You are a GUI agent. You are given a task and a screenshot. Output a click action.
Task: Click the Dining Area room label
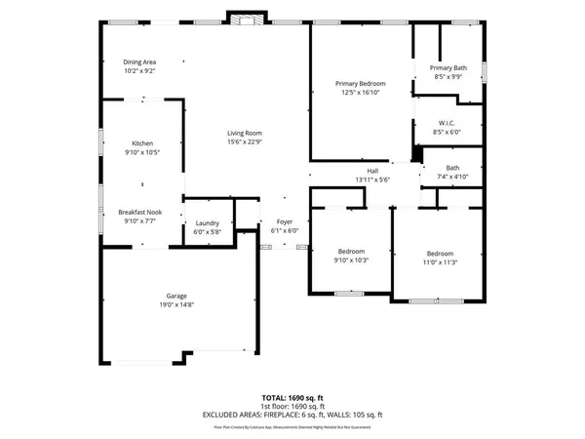point(139,62)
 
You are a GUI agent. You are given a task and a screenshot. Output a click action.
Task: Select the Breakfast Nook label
point(140,212)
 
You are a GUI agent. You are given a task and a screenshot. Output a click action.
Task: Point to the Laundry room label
point(208,223)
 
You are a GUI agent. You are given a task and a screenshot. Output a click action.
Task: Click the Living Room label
point(245,134)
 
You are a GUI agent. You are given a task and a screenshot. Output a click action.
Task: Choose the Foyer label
point(284,222)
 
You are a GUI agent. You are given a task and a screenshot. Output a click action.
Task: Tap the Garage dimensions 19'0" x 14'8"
point(176,304)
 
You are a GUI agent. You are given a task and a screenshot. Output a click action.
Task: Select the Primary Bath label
point(449,67)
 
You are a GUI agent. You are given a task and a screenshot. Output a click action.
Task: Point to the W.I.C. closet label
point(449,122)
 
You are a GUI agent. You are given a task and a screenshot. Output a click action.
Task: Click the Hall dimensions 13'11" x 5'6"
point(371,180)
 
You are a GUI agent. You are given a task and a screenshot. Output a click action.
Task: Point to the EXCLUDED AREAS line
point(292,415)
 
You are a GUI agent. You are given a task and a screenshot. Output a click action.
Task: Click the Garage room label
point(176,296)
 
